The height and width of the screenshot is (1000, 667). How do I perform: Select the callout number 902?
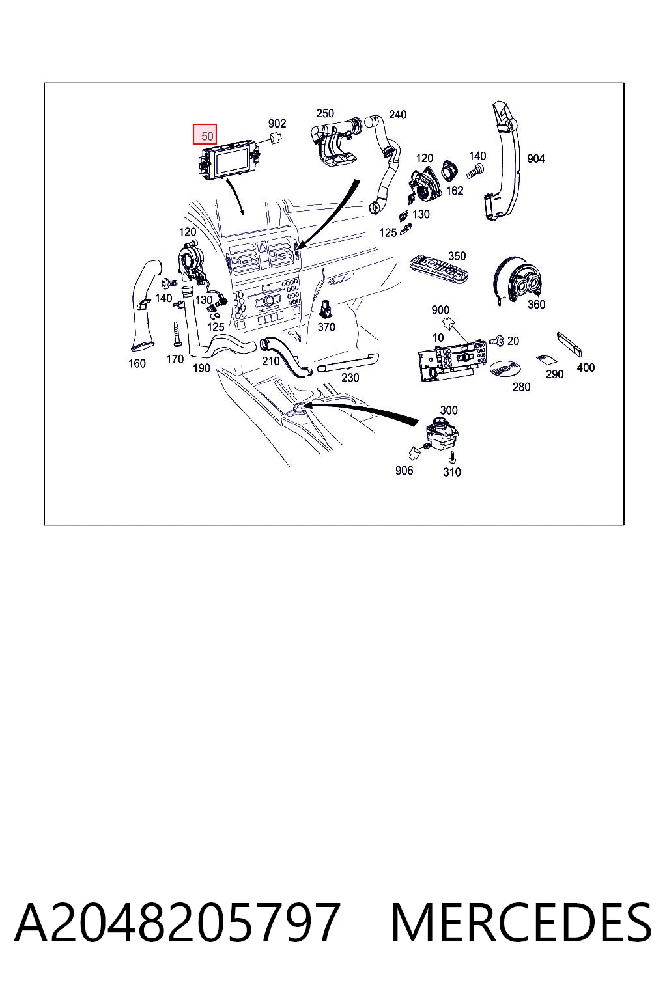(277, 124)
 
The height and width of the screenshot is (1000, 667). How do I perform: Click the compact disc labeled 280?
(505, 368)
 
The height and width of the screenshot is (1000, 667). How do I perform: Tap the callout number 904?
(535, 158)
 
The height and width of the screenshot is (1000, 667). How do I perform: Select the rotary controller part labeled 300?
(442, 433)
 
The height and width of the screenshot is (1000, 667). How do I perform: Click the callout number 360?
(536, 305)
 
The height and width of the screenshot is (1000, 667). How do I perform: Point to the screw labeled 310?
(453, 458)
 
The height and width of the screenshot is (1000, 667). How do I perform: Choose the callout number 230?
(350, 378)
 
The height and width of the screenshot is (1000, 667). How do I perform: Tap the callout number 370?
(326, 327)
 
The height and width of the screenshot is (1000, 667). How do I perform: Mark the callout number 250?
(325, 113)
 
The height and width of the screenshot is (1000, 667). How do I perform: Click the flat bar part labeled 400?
(569, 344)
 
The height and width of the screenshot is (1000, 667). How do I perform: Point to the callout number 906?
(404, 471)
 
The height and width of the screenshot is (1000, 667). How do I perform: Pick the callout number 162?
(455, 191)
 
